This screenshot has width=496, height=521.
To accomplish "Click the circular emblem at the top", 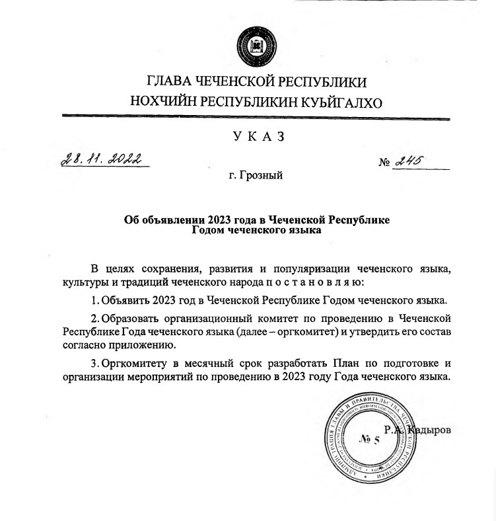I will click(254, 42).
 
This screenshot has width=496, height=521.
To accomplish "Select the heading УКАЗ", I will click(258, 137).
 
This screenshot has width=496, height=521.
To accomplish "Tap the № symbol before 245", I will click(384, 163).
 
